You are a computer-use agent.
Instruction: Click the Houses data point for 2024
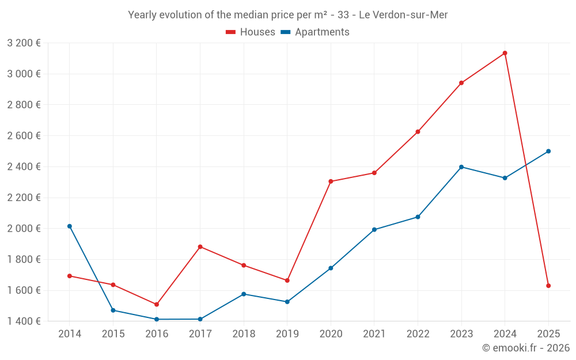pyautogui.click(x=505, y=53)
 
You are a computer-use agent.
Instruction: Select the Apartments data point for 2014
pyautogui.click(x=70, y=226)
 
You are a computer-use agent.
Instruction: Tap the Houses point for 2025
pyautogui.click(x=548, y=286)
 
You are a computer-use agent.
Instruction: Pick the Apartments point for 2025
pyautogui.click(x=548, y=151)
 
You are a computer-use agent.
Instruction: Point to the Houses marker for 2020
pyautogui.click(x=331, y=181)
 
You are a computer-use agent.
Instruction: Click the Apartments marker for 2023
pyautogui.click(x=461, y=167)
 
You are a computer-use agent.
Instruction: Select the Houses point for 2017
pyautogui.click(x=200, y=247)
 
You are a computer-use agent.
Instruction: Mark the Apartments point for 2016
pyautogui.click(x=157, y=319)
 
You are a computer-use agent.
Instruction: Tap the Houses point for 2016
pyautogui.click(x=157, y=304)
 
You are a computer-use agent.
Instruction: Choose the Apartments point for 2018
pyautogui.click(x=244, y=294)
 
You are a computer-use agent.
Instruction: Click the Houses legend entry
pyautogui.click(x=251, y=32)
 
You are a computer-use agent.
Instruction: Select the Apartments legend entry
pyautogui.click(x=315, y=32)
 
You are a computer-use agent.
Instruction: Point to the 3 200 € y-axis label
pyautogui.click(x=24, y=43)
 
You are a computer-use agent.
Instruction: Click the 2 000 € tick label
pyautogui.click(x=24, y=229)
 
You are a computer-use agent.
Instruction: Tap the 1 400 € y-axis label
pyautogui.click(x=24, y=321)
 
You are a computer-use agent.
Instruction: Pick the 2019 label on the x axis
pyautogui.click(x=287, y=334)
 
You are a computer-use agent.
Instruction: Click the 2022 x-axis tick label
pyautogui.click(x=418, y=334)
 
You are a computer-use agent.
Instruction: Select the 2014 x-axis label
pyautogui.click(x=70, y=334)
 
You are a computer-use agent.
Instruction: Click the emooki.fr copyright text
pyautogui.click(x=525, y=348)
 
